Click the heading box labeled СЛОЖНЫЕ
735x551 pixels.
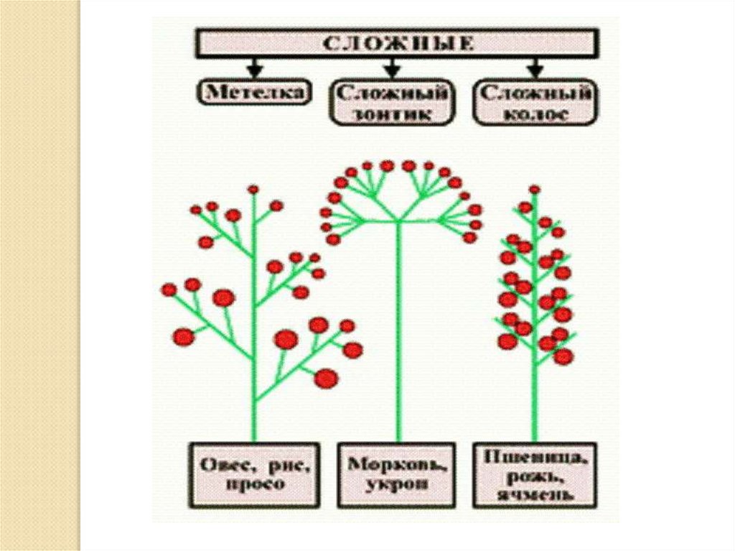[x=396, y=43]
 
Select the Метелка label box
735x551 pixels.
[x=255, y=92]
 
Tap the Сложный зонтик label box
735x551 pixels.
[x=391, y=103]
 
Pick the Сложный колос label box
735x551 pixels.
[x=534, y=103]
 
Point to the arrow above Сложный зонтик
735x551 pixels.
[x=391, y=69]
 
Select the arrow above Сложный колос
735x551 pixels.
[x=534, y=69]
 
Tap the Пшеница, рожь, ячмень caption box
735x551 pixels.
[x=535, y=474]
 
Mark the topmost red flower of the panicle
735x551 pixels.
[x=253, y=190]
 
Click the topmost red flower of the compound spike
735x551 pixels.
[x=534, y=190]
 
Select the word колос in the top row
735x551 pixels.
[x=534, y=114]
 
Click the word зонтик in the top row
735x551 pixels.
[x=391, y=114]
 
